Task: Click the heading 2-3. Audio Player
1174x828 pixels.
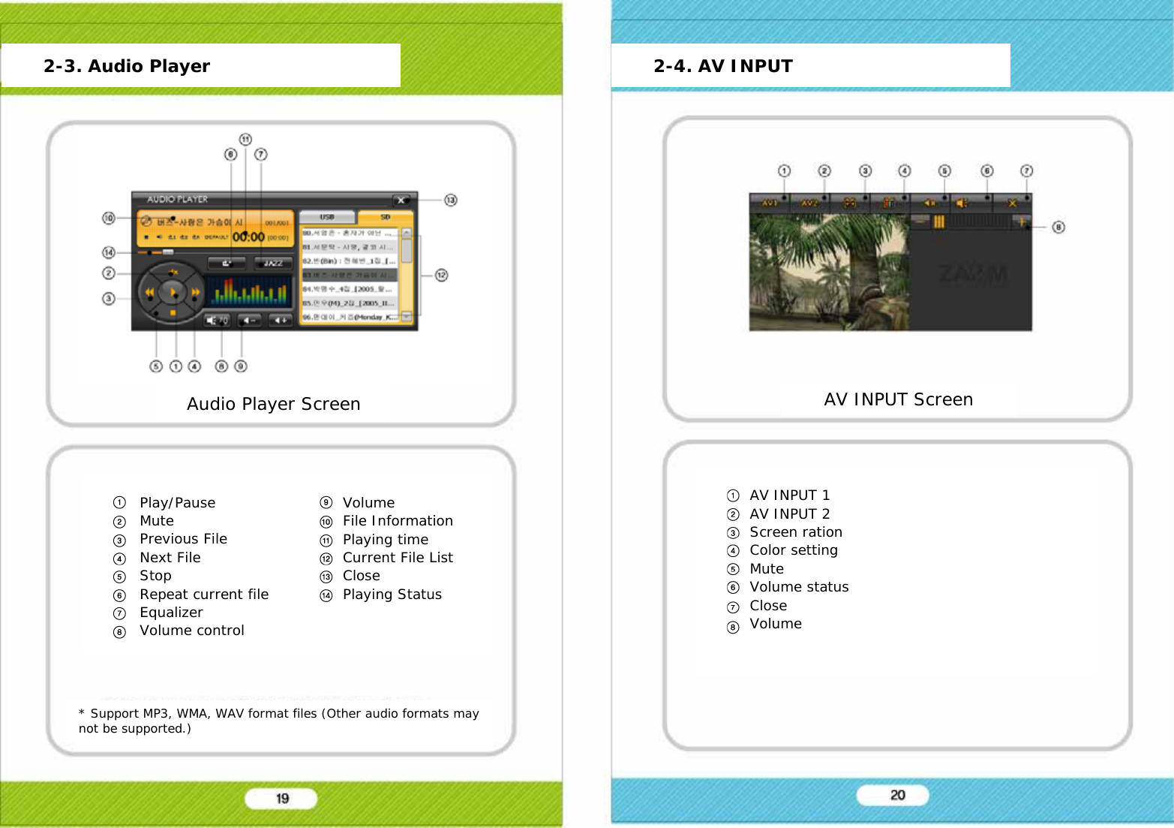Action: pyautogui.click(x=127, y=66)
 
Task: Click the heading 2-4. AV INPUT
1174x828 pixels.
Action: pyautogui.click(x=723, y=66)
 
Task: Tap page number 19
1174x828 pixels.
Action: pyautogui.click(x=282, y=799)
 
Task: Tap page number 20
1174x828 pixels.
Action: pyautogui.click(x=897, y=795)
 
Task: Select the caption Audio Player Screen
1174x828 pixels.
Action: pyautogui.click(x=273, y=404)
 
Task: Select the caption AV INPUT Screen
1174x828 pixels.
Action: pyautogui.click(x=898, y=399)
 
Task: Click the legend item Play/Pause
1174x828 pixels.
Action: pyautogui.click(x=177, y=503)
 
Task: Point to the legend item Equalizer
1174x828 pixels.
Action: pyautogui.click(x=171, y=613)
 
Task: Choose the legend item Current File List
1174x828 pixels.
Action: pyautogui.click(x=398, y=558)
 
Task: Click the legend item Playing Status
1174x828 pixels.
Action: pyautogui.click(x=392, y=595)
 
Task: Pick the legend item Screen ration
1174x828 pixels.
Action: pyautogui.click(x=795, y=532)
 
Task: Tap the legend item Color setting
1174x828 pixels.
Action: pyautogui.click(x=793, y=550)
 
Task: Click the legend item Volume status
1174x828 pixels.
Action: pyautogui.click(x=799, y=587)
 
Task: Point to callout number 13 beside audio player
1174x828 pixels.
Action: pyautogui.click(x=450, y=200)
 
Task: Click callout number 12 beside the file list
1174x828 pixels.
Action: pyautogui.click(x=441, y=275)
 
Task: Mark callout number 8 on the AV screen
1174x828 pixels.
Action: pyautogui.click(x=1058, y=227)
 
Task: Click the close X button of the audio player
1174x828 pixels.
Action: pyautogui.click(x=401, y=200)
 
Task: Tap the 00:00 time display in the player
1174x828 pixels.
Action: pyautogui.click(x=248, y=236)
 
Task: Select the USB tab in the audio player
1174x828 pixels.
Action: pyautogui.click(x=327, y=217)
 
